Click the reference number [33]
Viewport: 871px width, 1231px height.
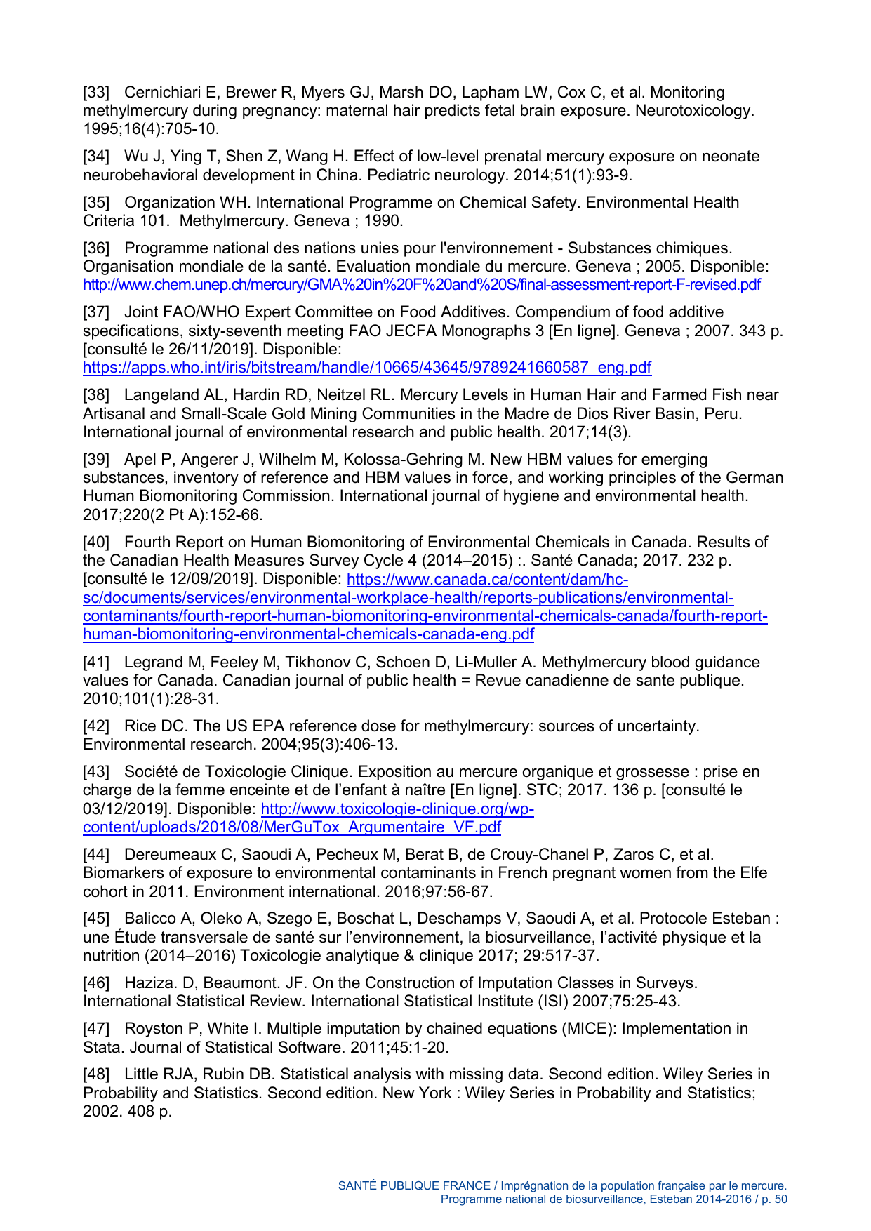point(96,93)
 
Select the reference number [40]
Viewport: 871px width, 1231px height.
point(96,543)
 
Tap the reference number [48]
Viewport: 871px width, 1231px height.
point(96,1074)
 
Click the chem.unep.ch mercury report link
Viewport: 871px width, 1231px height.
point(421,285)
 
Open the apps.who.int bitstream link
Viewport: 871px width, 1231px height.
point(366,367)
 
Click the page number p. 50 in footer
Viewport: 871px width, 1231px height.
point(773,1199)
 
